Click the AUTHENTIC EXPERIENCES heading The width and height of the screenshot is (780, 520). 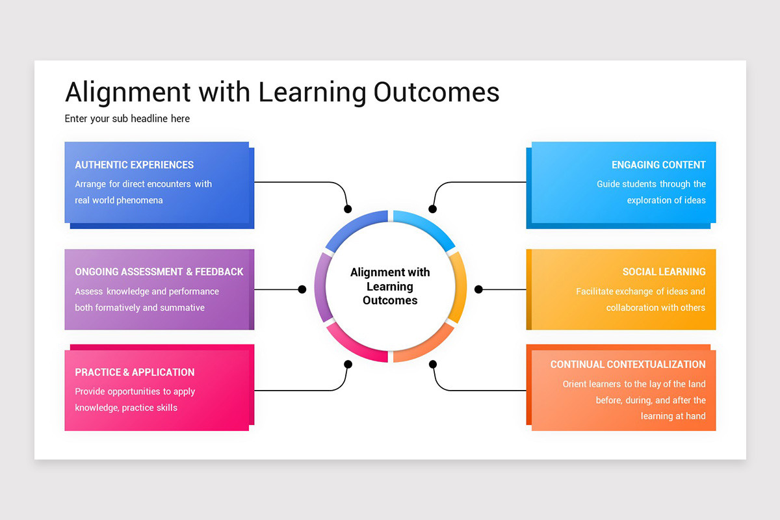pyautogui.click(x=134, y=165)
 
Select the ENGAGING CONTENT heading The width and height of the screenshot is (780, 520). pyautogui.click(x=658, y=165)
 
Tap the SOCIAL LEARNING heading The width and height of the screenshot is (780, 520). pyautogui.click(x=664, y=272)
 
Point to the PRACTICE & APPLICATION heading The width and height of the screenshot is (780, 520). pyautogui.click(x=135, y=372)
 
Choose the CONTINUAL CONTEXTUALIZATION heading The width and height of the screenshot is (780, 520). pyautogui.click(x=628, y=365)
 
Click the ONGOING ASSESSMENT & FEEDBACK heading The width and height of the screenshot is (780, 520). pyautogui.click(x=159, y=272)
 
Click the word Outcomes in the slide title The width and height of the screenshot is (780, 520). pyautogui.click(x=436, y=92)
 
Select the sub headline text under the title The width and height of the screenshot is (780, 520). pyautogui.click(x=127, y=119)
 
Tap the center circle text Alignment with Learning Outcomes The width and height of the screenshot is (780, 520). pyautogui.click(x=390, y=287)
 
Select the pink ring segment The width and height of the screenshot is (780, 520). pyautogui.click(x=355, y=347)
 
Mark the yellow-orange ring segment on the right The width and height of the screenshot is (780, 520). pyautogui.click(x=460, y=286)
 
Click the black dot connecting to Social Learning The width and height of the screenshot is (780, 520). pyautogui.click(x=478, y=289)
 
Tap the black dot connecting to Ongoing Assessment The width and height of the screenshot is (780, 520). pyautogui.click(x=302, y=289)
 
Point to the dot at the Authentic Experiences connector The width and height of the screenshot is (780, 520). pyautogui.click(x=348, y=209)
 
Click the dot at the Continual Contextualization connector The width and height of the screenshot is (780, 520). pyautogui.click(x=433, y=365)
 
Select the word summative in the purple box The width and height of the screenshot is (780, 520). pyautogui.click(x=182, y=307)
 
